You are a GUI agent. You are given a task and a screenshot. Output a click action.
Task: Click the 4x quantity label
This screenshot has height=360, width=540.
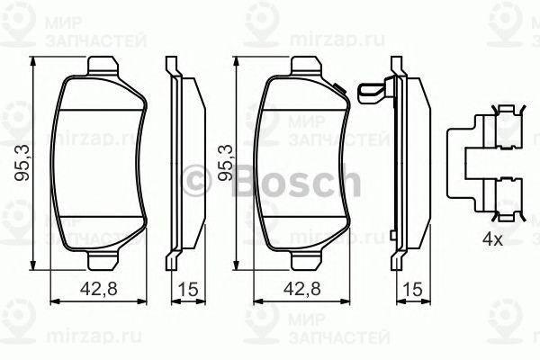490,238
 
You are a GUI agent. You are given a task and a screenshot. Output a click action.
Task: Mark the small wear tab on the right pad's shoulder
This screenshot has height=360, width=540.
339,88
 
